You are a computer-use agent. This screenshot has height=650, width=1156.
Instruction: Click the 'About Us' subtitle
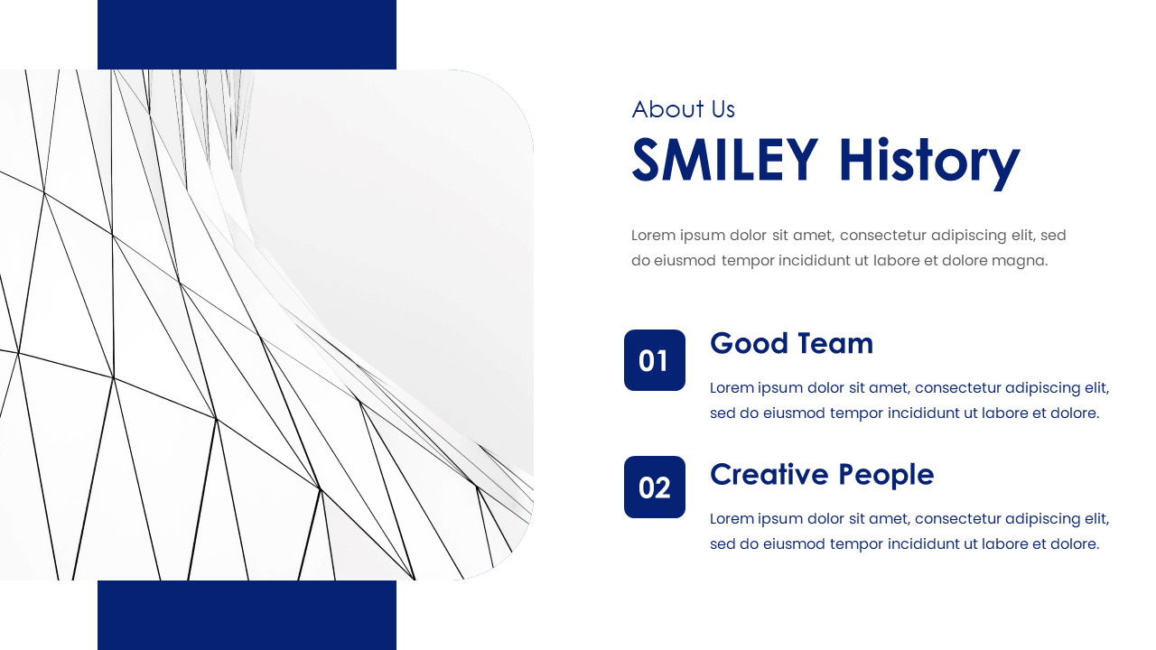tap(683, 109)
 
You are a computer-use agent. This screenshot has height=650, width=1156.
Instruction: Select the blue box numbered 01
tap(655, 360)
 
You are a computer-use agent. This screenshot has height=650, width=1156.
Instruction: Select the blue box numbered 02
tap(655, 487)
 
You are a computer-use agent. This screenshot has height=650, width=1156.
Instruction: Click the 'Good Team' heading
tap(791, 343)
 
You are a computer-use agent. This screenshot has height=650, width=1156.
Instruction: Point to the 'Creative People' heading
tap(822, 474)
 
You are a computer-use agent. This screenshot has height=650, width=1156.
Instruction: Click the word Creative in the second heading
tap(769, 474)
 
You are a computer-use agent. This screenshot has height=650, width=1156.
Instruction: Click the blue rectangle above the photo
tap(247, 34)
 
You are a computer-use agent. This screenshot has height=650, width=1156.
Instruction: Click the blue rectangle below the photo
tap(247, 615)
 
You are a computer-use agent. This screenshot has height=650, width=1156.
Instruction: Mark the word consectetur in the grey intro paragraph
tap(890, 236)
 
